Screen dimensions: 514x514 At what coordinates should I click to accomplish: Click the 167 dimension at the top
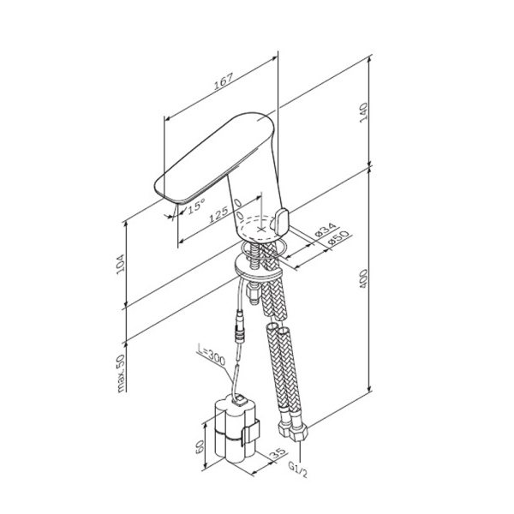click(x=223, y=83)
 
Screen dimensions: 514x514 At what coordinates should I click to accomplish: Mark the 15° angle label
click(x=196, y=206)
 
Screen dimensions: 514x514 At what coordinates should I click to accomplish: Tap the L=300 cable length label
click(x=210, y=354)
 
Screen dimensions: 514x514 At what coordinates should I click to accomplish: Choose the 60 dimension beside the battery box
click(x=199, y=446)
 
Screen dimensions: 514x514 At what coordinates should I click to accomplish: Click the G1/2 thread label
click(x=296, y=470)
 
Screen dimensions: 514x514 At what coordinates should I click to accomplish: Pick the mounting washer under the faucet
click(x=257, y=266)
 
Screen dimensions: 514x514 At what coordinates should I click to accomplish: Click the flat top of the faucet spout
click(x=214, y=154)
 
